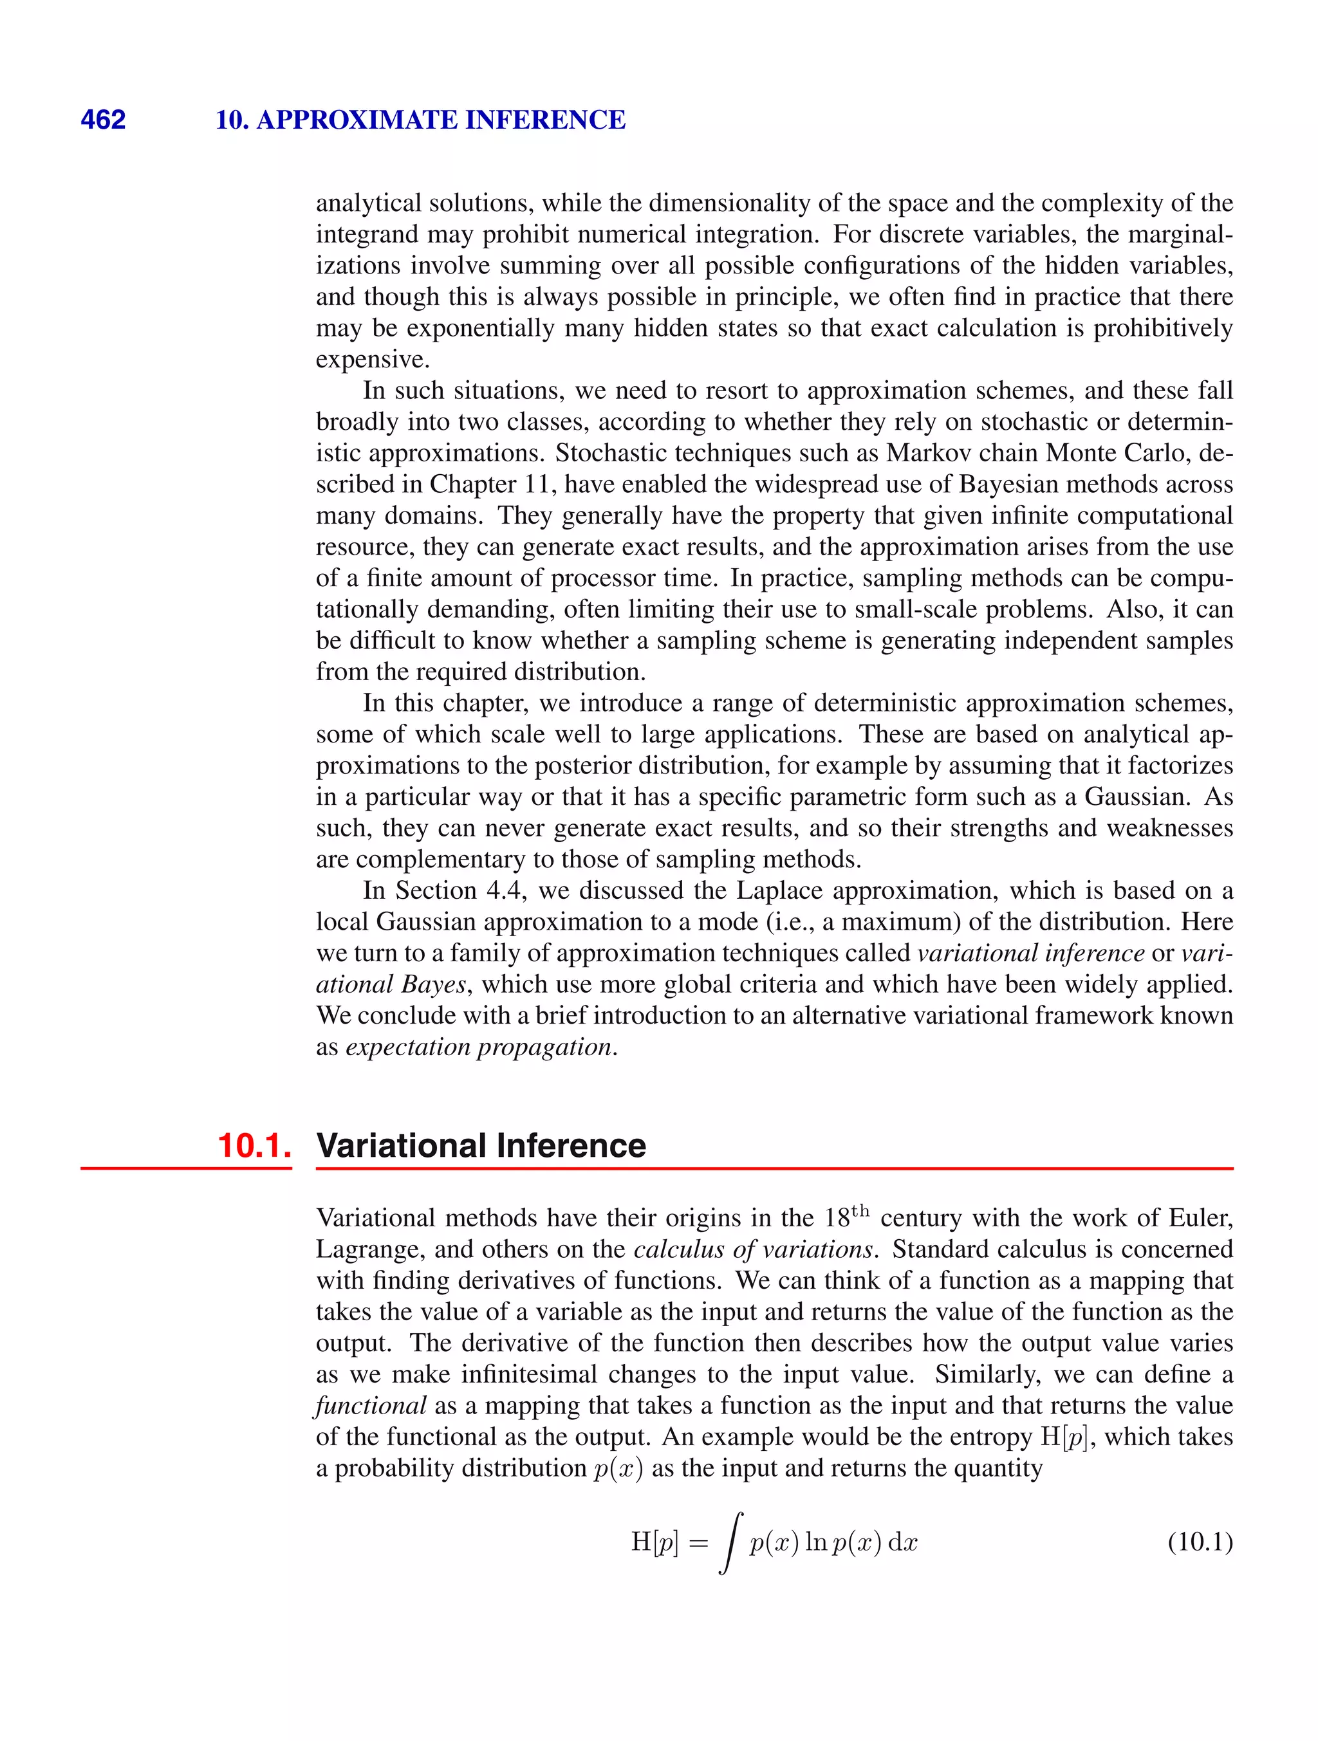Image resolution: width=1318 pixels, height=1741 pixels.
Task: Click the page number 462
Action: pos(103,120)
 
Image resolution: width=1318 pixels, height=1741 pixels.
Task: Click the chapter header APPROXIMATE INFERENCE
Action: pos(440,120)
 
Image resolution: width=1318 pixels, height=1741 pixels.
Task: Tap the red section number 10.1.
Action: pos(254,1146)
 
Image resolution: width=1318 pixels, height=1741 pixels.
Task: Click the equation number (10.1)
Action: pos(1199,1542)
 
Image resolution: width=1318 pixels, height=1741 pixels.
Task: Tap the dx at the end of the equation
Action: pos(902,1543)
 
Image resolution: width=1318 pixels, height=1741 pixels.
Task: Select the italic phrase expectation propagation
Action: pos(479,1047)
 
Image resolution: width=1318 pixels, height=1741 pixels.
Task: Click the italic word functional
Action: pos(371,1406)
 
